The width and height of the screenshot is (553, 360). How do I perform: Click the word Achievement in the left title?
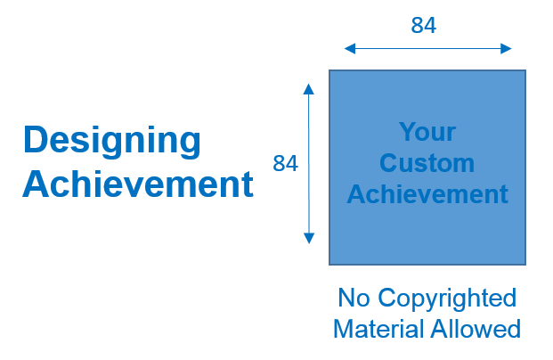pyautogui.click(x=138, y=185)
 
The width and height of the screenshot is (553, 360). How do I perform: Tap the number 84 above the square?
pyautogui.click(x=423, y=26)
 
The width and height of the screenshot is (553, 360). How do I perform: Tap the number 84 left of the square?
pyautogui.click(x=285, y=164)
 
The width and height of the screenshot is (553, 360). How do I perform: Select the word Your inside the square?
pyautogui.click(x=427, y=133)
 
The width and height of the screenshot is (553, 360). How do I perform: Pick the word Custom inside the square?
pyautogui.click(x=427, y=164)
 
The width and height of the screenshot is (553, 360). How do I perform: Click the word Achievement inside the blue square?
pyautogui.click(x=427, y=194)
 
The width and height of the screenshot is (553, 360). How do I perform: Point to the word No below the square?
pyautogui.click(x=354, y=298)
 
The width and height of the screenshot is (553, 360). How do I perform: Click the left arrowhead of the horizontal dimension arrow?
pyautogui.click(x=346, y=48)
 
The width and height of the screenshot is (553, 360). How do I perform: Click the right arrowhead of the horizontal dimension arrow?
pyautogui.click(x=508, y=48)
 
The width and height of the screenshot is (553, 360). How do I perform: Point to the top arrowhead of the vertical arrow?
pyautogui.click(x=309, y=87)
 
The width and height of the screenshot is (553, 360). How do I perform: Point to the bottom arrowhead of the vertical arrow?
pyautogui.click(x=309, y=239)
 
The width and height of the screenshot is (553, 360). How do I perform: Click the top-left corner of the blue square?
pyautogui.click(x=329, y=70)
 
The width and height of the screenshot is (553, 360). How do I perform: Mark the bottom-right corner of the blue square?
pyautogui.click(x=525, y=265)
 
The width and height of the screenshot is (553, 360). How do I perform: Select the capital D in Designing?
pyautogui.click(x=35, y=141)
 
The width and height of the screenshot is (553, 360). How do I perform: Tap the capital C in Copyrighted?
pyautogui.click(x=385, y=298)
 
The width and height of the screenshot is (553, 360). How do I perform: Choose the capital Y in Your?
pyautogui.click(x=407, y=133)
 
